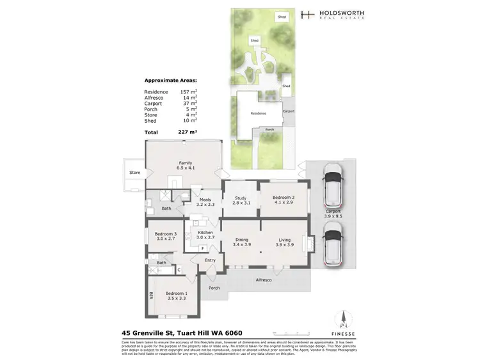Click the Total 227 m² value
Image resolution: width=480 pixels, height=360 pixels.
(188, 131)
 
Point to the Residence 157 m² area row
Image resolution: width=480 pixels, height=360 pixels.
(170, 92)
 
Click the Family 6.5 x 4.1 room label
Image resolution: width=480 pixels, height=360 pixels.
(185, 166)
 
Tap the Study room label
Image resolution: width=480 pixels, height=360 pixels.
(240, 201)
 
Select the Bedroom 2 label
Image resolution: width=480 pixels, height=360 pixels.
(283, 201)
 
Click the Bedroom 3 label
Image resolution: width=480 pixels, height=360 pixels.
(165, 236)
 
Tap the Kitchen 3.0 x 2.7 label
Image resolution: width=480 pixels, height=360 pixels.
(205, 235)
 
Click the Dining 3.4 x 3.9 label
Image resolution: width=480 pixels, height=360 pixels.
(241, 242)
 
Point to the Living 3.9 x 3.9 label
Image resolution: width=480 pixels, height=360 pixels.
(284, 242)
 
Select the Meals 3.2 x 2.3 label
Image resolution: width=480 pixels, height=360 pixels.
(205, 202)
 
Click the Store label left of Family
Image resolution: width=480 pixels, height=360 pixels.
(134, 172)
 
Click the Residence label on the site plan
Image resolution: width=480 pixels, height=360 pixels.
(258, 113)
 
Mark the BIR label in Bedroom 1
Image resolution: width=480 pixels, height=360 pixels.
(151, 297)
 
